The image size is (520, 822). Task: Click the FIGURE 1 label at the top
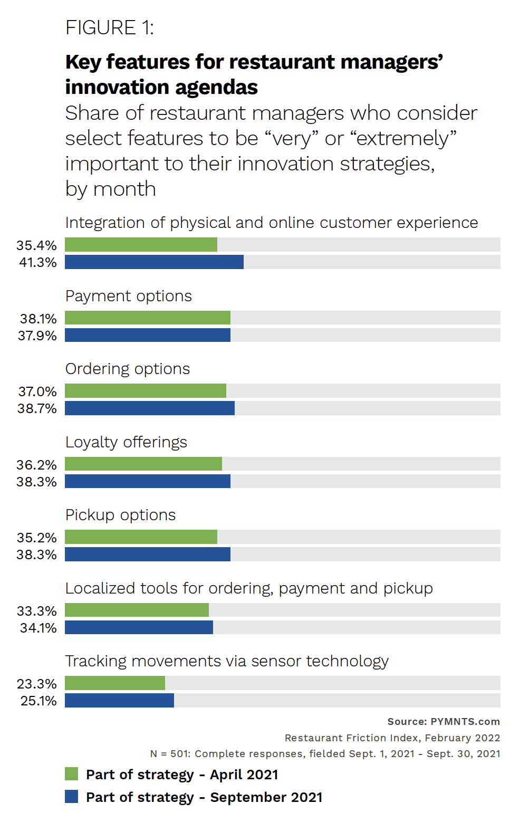[x=109, y=27]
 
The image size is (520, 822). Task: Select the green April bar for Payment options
[x=148, y=318]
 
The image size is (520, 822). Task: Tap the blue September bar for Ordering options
[x=150, y=408]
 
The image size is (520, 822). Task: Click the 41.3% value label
[x=37, y=262]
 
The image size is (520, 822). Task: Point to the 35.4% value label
[x=36, y=245]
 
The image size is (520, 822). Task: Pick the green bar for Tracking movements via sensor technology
[x=115, y=683]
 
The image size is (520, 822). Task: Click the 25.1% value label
[x=38, y=701]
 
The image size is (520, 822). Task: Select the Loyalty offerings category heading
[x=126, y=442]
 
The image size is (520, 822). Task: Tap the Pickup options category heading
[x=120, y=515]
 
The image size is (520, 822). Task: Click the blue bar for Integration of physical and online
[x=154, y=262]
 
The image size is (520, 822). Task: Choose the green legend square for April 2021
[x=71, y=774]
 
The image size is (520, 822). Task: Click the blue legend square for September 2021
[x=71, y=797]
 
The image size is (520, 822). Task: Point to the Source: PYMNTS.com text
[x=444, y=721]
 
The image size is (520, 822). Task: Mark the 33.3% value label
[x=36, y=611]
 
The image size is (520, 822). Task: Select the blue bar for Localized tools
[x=139, y=627]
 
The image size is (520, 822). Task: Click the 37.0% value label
[x=37, y=391]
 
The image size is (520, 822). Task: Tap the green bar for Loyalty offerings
[x=143, y=464]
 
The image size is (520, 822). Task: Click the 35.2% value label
[x=36, y=538]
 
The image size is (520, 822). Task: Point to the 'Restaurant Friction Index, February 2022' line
[x=392, y=738]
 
